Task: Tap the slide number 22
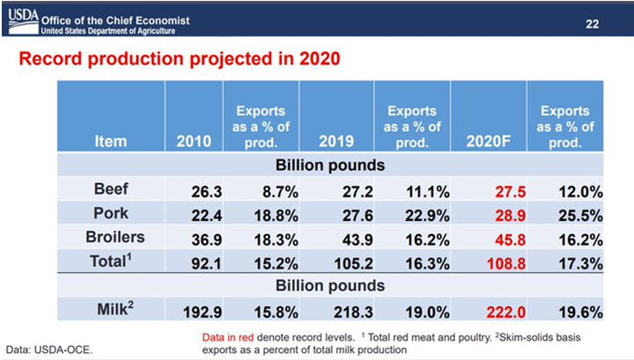tap(593, 23)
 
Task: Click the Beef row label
tap(111, 189)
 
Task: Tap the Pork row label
tap(111, 213)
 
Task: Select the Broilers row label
tap(114, 237)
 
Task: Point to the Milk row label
tap(112, 309)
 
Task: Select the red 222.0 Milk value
tap(490, 311)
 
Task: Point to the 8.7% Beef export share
tap(269, 190)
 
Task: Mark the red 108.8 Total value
tap(490, 261)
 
